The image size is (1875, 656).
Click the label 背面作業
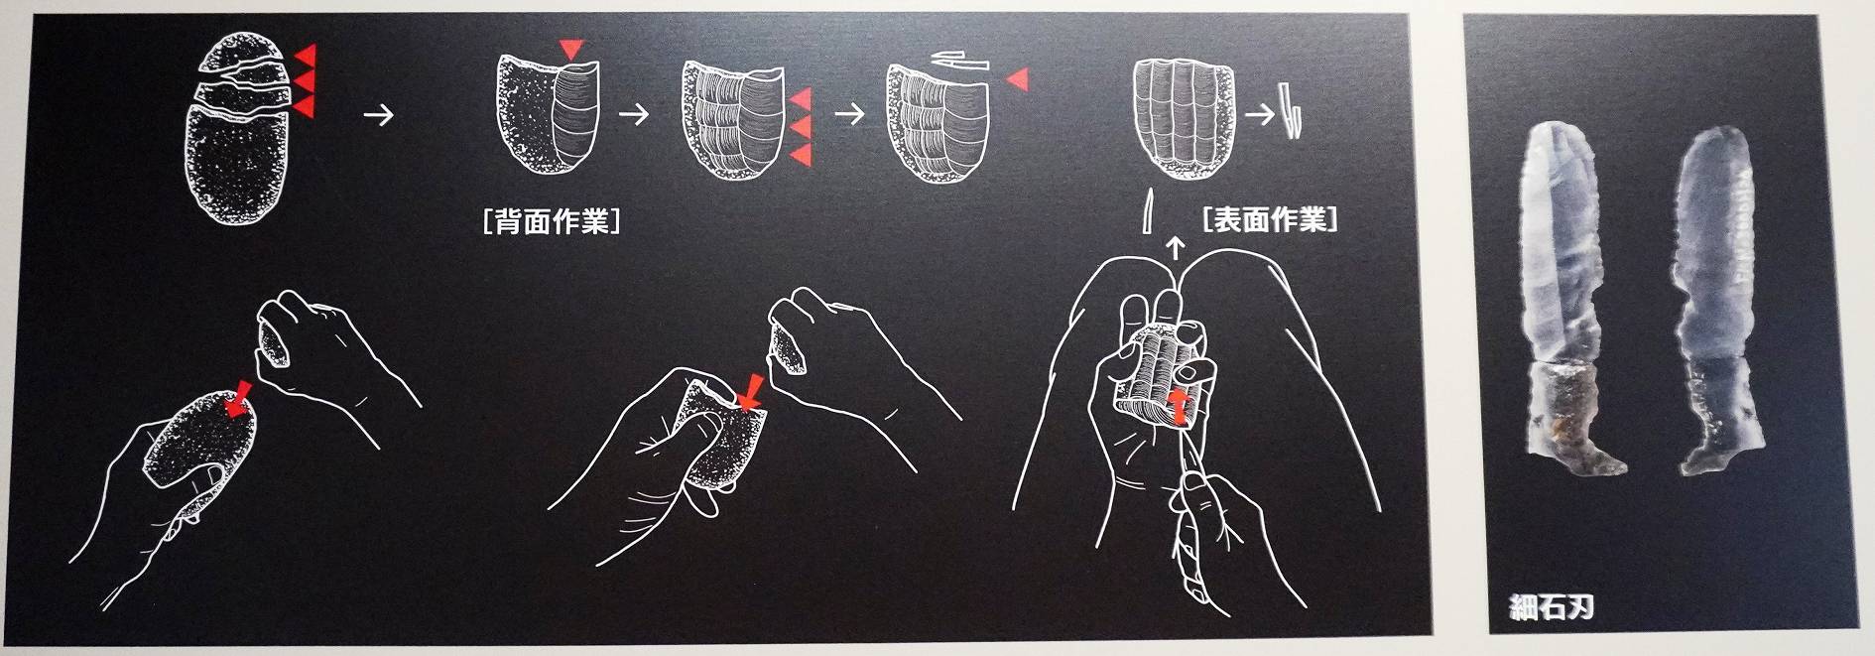pos(552,220)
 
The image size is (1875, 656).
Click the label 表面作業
pos(1270,218)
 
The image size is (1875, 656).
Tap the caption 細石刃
pos(1551,605)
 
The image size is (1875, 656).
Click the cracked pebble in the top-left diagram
pos(236,128)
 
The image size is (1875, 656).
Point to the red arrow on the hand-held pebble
pos(238,398)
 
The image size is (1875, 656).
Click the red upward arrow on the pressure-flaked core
pos(1178,405)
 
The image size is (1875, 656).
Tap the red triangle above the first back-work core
pos(571,49)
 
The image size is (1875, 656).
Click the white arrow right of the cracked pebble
pos(378,115)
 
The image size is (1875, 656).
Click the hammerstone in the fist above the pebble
pos(275,346)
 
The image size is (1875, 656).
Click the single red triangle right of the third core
pos(1017,79)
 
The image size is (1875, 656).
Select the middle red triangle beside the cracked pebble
pos(305,79)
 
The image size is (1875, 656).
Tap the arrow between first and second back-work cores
pos(634,114)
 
